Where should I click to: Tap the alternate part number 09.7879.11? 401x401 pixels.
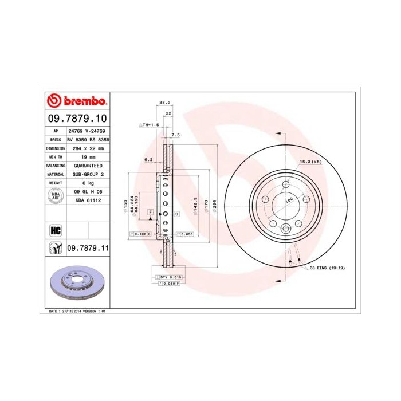[x=88, y=248]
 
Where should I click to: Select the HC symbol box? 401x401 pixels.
[x=56, y=231]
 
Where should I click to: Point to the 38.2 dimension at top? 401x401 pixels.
[x=165, y=103]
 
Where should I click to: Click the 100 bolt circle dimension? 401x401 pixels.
[x=289, y=199]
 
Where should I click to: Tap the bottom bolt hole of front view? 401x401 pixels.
[x=286, y=228]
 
